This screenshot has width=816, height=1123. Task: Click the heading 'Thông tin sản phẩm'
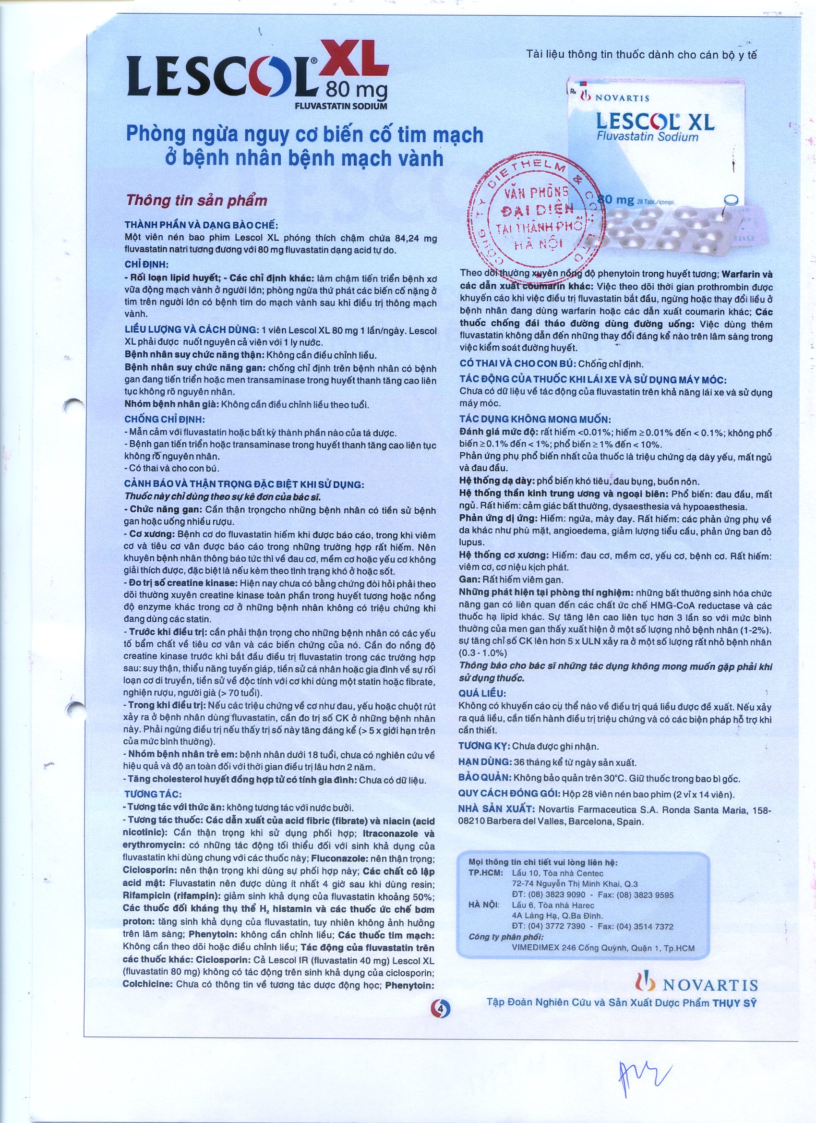197,201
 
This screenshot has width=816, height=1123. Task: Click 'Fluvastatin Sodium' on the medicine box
647,137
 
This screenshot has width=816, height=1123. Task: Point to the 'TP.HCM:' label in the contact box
485,874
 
